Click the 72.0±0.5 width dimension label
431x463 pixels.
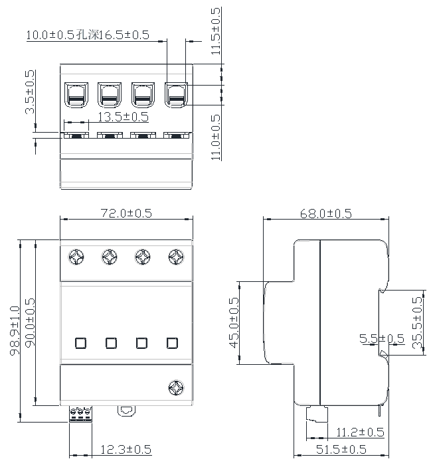[x=126, y=213]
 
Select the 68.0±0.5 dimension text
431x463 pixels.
[x=325, y=213]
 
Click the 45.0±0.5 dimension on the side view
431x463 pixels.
[x=233, y=322]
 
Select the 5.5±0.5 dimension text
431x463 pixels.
[x=381, y=339]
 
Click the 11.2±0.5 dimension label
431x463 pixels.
[x=360, y=432]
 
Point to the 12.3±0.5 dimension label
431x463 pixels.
[x=126, y=450]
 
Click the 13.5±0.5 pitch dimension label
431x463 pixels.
[x=123, y=117]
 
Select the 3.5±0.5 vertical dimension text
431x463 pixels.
[x=30, y=92]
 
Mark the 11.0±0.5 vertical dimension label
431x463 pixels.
[x=215, y=137]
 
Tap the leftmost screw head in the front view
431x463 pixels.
[x=76, y=256]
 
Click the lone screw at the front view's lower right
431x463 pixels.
[x=176, y=387]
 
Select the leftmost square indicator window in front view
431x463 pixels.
[x=80, y=343]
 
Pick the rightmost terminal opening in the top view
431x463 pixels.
[x=176, y=94]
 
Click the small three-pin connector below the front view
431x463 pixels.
[x=80, y=413]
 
